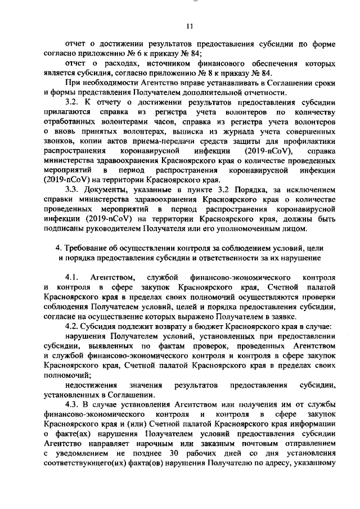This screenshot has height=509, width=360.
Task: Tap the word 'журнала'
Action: pyautogui.click(x=219, y=132)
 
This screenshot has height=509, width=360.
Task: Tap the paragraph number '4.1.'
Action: pyautogui.click(x=75, y=278)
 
